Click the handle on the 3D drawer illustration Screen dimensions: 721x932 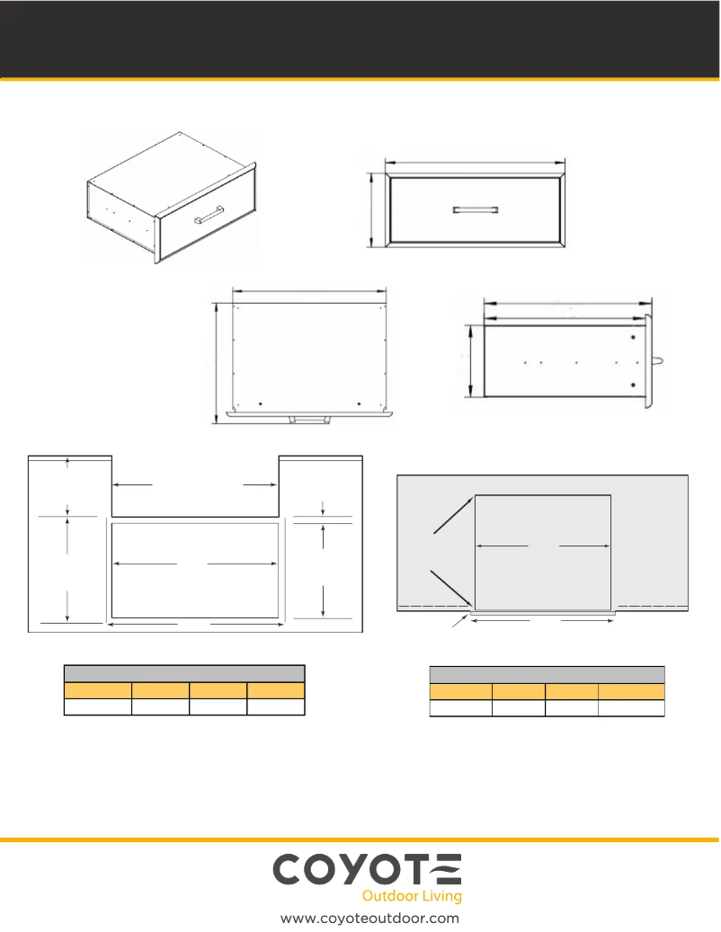(x=209, y=215)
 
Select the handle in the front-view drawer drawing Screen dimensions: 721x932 (x=475, y=209)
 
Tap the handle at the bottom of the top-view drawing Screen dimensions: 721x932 (x=309, y=420)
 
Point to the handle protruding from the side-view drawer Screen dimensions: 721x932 (x=657, y=361)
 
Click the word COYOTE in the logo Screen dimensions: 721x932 (x=367, y=870)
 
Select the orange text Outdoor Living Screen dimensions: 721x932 (x=412, y=896)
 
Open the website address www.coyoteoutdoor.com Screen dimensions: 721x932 (x=369, y=919)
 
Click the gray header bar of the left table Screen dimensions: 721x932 (x=184, y=673)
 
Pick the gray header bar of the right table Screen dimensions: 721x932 (x=547, y=675)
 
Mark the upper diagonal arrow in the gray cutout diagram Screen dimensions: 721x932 (x=453, y=515)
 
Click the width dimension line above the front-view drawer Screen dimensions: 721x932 (x=475, y=162)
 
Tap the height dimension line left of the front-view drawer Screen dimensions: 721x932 (x=371, y=209)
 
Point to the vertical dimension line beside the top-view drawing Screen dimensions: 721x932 (x=215, y=363)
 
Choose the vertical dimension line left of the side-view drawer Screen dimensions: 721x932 (x=470, y=360)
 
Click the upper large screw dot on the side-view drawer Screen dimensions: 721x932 (x=633, y=338)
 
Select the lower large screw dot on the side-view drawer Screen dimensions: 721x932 (x=633, y=386)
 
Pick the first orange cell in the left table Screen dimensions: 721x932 (x=98, y=690)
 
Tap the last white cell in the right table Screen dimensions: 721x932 (x=631, y=708)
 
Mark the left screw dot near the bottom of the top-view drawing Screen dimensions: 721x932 (x=261, y=404)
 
